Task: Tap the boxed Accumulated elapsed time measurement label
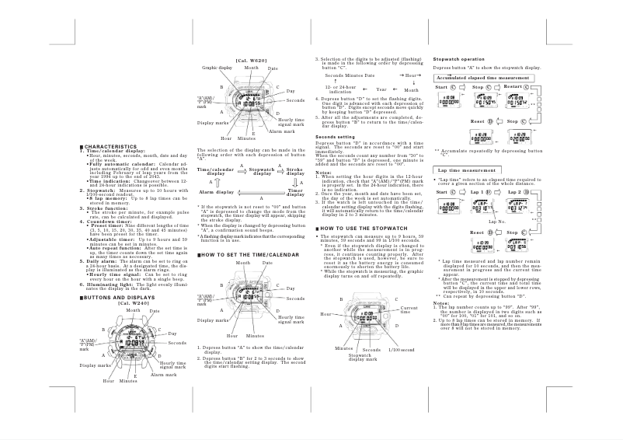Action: click(481, 79)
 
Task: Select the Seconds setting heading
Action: click(335, 137)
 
